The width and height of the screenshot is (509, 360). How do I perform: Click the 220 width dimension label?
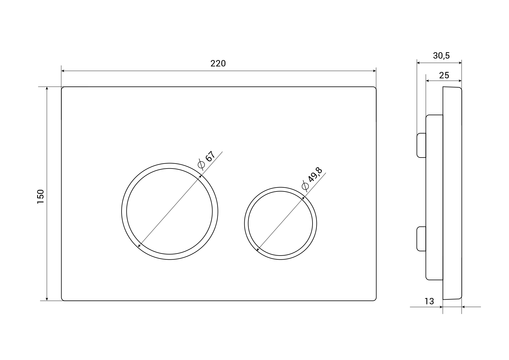218,63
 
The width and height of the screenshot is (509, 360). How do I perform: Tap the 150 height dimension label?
40,196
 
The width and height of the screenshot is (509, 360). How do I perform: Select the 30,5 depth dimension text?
441,55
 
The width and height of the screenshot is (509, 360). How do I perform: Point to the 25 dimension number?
444,75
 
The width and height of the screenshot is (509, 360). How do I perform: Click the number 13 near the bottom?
429,301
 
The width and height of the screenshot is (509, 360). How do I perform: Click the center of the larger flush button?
169,211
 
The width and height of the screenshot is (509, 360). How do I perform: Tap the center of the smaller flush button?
280,223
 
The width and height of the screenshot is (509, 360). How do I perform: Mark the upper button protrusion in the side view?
421,145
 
